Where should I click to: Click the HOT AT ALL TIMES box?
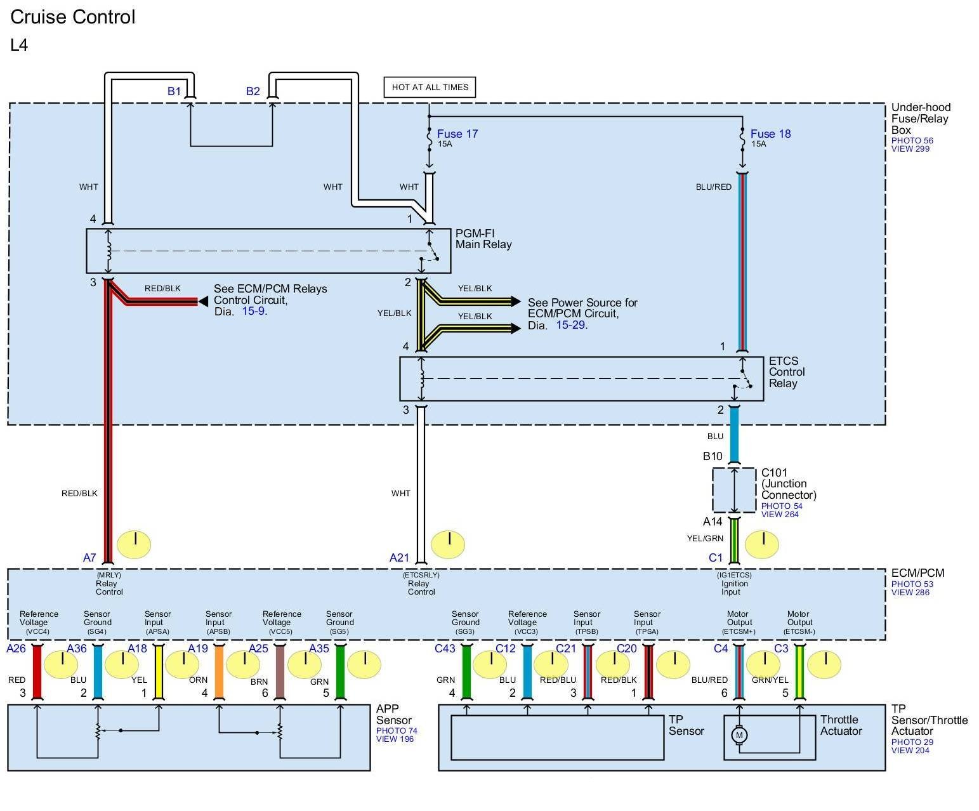click(430, 88)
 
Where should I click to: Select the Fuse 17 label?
click(457, 134)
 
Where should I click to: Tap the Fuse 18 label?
click(770, 134)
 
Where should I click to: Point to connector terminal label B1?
click(174, 91)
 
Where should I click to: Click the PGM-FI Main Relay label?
click(483, 239)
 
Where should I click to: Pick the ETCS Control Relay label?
click(787, 372)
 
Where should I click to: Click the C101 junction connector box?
click(734, 490)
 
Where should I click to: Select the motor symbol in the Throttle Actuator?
click(739, 735)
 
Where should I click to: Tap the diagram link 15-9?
click(253, 312)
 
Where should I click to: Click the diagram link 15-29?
click(570, 325)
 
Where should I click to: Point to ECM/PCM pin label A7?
click(89, 558)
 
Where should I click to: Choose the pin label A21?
click(399, 558)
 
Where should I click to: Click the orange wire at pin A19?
click(219, 671)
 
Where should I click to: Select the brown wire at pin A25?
click(280, 671)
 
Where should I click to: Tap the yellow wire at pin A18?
click(159, 671)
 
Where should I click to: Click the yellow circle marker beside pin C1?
click(761, 544)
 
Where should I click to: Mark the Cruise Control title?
click(73, 17)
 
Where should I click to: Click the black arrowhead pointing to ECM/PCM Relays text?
click(203, 302)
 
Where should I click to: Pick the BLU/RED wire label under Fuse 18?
click(714, 187)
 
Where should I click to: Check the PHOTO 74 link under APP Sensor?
click(397, 731)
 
